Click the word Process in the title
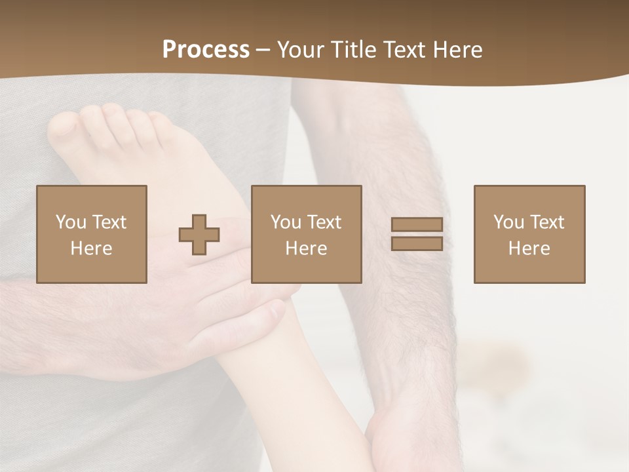(206, 50)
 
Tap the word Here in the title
(456, 50)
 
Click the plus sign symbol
(199, 235)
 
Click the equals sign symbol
(417, 234)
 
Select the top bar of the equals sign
(417, 224)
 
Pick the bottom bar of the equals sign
(417, 244)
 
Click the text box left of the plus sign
(92, 234)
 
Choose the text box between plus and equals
(307, 234)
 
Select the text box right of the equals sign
(529, 234)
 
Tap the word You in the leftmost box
(70, 222)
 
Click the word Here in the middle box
(307, 248)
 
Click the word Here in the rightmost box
(529, 248)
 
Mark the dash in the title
(263, 50)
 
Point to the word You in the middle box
(286, 222)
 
